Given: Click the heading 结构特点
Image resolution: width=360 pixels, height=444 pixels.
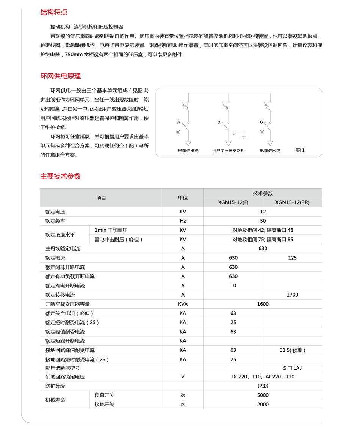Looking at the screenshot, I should [x=54, y=12].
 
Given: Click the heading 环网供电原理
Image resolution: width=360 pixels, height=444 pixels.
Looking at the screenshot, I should [x=61, y=76].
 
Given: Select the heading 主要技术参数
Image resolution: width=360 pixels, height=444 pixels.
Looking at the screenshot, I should [x=61, y=176].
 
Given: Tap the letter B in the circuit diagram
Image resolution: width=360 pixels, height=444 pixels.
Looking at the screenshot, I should [x=219, y=122].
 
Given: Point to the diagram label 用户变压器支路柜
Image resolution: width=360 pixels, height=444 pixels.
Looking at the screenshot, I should [x=229, y=151].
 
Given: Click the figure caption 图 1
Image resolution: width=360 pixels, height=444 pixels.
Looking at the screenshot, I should [x=300, y=151].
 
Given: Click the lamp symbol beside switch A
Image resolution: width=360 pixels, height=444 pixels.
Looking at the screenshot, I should [x=178, y=132].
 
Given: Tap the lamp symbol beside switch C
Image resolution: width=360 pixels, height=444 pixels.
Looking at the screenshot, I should [x=261, y=132].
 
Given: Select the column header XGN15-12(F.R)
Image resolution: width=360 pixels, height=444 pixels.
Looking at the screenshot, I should [x=292, y=202].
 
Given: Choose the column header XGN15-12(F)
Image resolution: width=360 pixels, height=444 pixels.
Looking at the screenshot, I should [x=233, y=202].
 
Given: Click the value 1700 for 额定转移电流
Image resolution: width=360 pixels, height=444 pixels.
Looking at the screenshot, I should [x=292, y=295].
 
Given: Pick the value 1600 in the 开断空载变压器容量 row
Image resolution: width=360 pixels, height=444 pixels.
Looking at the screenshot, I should [x=263, y=304].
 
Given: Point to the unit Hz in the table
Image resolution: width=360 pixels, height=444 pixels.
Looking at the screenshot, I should [x=183, y=221].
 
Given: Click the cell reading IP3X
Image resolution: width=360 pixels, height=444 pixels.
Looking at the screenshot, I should [x=263, y=386].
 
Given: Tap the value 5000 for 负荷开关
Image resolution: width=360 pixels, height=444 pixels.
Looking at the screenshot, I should [x=263, y=395].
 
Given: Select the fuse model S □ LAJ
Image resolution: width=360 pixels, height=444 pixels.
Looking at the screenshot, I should [x=292, y=368].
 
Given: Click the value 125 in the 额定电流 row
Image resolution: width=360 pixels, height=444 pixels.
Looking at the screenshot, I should [x=292, y=258].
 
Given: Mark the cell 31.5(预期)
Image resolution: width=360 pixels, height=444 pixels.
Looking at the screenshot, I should [x=292, y=350].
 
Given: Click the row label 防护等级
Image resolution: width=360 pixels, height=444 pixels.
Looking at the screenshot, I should [x=55, y=386].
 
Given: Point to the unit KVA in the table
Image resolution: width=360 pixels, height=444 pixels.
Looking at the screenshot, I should [x=183, y=304].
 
